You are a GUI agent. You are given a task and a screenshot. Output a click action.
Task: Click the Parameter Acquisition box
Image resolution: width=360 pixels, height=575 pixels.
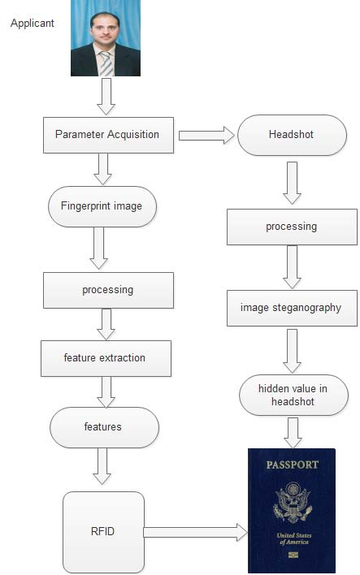click(107, 134)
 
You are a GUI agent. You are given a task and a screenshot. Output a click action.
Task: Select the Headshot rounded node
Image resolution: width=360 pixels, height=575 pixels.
click(291, 134)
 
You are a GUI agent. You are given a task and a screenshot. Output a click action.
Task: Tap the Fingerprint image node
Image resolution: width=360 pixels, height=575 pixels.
click(102, 206)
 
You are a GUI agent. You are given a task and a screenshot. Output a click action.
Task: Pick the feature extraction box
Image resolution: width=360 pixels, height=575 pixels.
click(106, 358)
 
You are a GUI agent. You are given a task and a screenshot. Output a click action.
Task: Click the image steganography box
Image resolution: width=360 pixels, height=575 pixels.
click(291, 308)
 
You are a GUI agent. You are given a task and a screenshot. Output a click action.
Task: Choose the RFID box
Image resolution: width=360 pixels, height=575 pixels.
click(103, 532)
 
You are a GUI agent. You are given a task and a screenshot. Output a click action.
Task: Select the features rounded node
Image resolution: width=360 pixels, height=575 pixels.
click(103, 426)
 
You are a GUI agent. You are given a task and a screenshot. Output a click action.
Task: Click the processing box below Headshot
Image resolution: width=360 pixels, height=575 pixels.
click(291, 227)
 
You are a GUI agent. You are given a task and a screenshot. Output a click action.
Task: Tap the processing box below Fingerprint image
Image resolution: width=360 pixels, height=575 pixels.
click(107, 290)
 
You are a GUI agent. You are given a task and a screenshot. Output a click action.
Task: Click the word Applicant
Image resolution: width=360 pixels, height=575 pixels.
click(33, 24)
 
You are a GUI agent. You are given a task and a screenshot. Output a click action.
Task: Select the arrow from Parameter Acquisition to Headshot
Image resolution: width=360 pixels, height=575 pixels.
click(206, 135)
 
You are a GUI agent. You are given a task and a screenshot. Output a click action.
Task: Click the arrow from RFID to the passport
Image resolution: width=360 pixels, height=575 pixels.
click(195, 532)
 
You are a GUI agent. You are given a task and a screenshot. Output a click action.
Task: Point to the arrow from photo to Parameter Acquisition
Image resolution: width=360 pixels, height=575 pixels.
click(106, 96)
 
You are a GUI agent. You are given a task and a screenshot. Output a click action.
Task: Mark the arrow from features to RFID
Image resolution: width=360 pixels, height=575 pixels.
click(102, 466)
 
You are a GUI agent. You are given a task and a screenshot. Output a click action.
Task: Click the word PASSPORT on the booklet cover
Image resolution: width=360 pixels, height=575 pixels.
click(293, 465)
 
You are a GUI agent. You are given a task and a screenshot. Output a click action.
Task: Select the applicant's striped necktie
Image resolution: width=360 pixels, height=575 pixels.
click(106, 63)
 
